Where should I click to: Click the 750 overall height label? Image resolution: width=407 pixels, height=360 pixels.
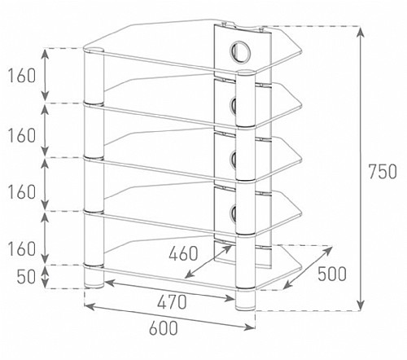click(x=383, y=172)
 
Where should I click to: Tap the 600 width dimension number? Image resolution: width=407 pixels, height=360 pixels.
click(x=164, y=327)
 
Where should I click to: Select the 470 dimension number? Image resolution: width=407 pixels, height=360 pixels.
click(x=172, y=302)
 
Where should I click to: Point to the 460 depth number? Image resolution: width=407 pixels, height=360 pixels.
click(x=183, y=253)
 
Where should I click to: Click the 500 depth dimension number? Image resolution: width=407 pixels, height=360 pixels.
click(x=332, y=274)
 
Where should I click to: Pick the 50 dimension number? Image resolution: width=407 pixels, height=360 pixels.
click(x=26, y=277)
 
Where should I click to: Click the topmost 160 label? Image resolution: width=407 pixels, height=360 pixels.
click(x=22, y=76)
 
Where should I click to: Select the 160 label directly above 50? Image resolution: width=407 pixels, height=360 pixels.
click(x=22, y=249)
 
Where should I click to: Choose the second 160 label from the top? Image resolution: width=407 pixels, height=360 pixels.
click(x=22, y=135)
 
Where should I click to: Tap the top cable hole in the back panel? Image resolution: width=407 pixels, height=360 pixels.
click(x=239, y=52)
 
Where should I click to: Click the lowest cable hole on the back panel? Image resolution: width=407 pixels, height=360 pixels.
click(x=234, y=213)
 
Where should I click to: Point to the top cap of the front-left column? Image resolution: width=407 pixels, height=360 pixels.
click(x=94, y=50)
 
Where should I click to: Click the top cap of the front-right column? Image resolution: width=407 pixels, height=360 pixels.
click(x=246, y=72)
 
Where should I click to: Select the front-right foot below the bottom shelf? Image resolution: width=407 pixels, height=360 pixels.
click(x=245, y=300)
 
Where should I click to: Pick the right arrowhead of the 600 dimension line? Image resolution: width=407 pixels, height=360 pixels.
click(x=250, y=327)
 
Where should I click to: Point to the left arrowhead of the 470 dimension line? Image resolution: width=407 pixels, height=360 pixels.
click(x=110, y=283)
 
